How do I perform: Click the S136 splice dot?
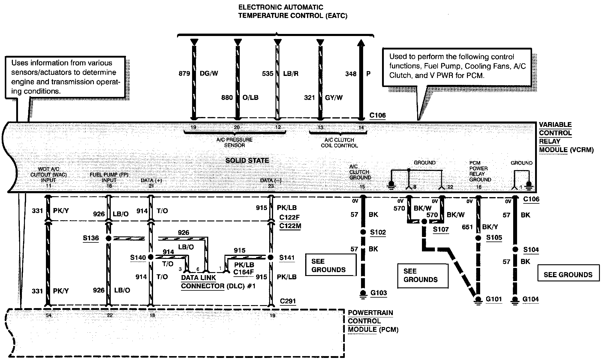(109, 238)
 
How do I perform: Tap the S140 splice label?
(138, 257)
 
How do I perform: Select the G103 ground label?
(378, 293)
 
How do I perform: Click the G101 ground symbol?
(478, 300)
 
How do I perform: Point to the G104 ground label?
(530, 299)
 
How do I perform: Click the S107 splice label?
(441, 229)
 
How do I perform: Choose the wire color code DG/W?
(209, 73)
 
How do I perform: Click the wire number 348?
(351, 74)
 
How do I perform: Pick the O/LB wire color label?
(250, 97)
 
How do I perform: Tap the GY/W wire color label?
(334, 97)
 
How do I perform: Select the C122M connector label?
(290, 226)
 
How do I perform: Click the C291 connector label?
(288, 301)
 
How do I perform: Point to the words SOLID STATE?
(247, 160)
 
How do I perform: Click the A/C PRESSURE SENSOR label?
(234, 142)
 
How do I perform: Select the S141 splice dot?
(271, 257)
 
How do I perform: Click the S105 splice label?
(494, 238)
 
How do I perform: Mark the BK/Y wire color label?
(490, 227)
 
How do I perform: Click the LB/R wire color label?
(290, 73)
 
